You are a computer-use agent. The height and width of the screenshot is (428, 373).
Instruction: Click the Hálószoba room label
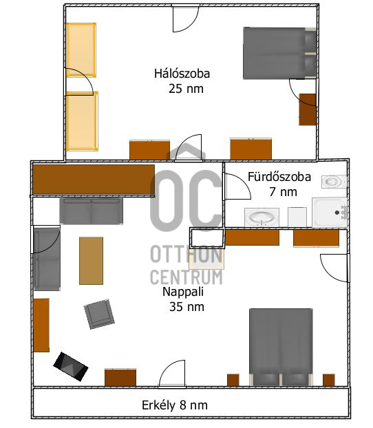[x=182, y=74]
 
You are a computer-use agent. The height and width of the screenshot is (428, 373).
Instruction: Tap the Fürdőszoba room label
[x=279, y=177]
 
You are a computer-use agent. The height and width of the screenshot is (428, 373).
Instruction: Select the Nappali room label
[x=183, y=292]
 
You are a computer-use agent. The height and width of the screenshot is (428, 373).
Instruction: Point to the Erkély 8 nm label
[x=175, y=405]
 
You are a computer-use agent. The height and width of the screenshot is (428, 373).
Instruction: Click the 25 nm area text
[x=186, y=89]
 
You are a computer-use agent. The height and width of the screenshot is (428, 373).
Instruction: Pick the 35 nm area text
[x=186, y=307]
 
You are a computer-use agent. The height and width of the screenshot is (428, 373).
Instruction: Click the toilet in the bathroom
[x=334, y=182]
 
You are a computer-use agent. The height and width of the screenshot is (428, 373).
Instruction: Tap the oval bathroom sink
[x=262, y=217]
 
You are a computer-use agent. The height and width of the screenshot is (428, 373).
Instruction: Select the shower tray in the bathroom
[x=330, y=213]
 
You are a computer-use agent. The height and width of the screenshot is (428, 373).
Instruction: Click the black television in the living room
[x=71, y=367]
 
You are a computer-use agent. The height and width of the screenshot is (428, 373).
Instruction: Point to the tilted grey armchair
[x=99, y=314]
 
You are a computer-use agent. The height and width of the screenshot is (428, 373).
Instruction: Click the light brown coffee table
[x=92, y=261]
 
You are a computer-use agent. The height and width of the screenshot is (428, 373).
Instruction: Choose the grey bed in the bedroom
[x=280, y=53]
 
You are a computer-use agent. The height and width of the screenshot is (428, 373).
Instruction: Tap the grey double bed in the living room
[x=281, y=347]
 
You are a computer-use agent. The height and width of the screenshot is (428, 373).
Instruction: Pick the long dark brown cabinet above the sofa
[x=94, y=180]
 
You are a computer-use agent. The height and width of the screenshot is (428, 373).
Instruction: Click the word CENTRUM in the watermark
[x=186, y=277]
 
